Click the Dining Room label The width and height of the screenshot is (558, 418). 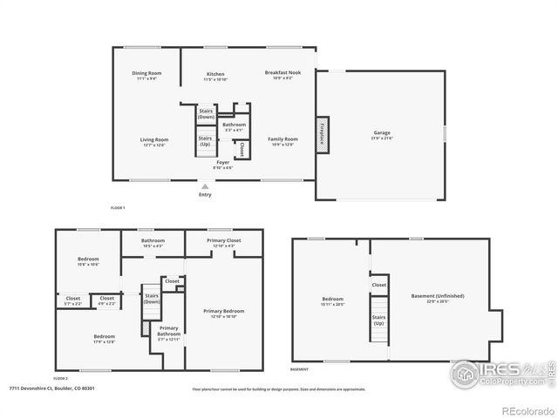point(146,73)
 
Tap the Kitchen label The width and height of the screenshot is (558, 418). point(215,74)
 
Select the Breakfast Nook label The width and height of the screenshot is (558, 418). point(283,73)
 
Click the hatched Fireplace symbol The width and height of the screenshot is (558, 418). point(322,135)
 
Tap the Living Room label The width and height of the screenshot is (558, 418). point(154,139)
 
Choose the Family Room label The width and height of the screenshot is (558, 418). point(284,139)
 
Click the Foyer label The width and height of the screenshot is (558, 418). point(223,162)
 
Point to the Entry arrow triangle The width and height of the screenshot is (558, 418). point(205,185)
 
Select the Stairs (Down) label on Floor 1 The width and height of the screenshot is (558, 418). point(206,113)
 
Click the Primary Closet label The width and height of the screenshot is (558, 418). point(224,240)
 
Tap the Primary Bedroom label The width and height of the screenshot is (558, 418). point(224,311)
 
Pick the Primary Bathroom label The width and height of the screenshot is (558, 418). point(169,331)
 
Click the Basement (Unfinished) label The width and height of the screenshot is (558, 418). point(437,296)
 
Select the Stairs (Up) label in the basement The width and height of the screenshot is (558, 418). point(379,320)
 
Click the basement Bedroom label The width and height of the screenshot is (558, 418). point(334,299)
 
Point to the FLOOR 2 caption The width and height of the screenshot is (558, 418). point(60,379)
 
